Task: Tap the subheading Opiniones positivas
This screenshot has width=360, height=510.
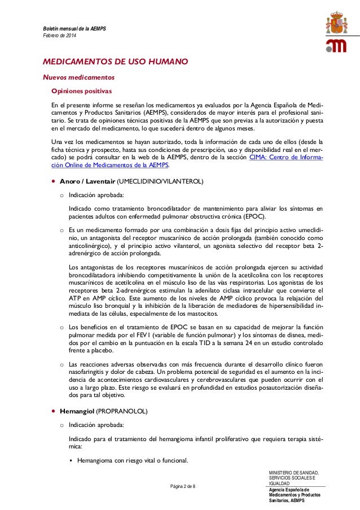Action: pyautogui.click(x=82, y=91)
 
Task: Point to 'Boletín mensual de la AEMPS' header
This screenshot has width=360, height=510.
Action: pyautogui.click(x=71, y=29)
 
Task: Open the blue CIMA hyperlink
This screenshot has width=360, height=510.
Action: pyautogui.click(x=286, y=158)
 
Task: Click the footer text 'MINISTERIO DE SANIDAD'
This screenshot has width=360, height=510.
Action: pyautogui.click(x=294, y=472)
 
